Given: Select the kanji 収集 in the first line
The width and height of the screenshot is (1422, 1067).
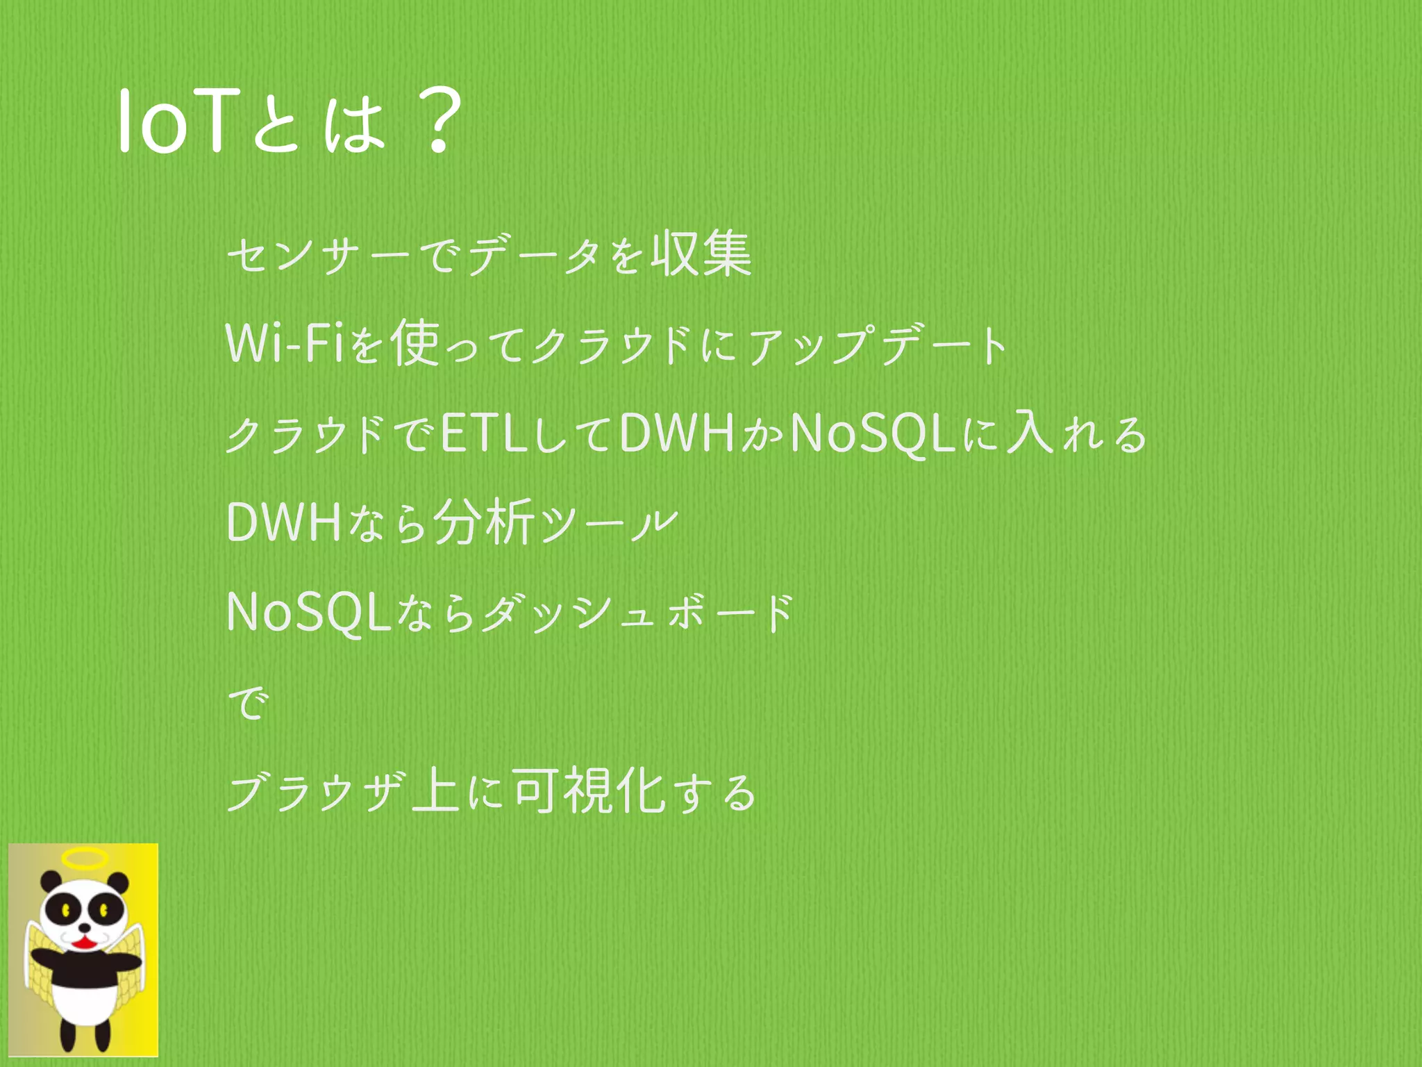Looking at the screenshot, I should tap(701, 254).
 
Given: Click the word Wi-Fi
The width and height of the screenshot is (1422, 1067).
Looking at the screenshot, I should tap(285, 343).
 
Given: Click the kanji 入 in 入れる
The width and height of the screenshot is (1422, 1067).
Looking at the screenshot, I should tap(1030, 432).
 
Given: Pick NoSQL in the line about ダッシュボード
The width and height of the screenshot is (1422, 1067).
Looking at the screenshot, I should tap(310, 613).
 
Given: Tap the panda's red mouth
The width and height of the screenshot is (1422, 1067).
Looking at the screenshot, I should tap(84, 943).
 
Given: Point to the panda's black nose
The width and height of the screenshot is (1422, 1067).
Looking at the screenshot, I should tap(84, 927).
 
